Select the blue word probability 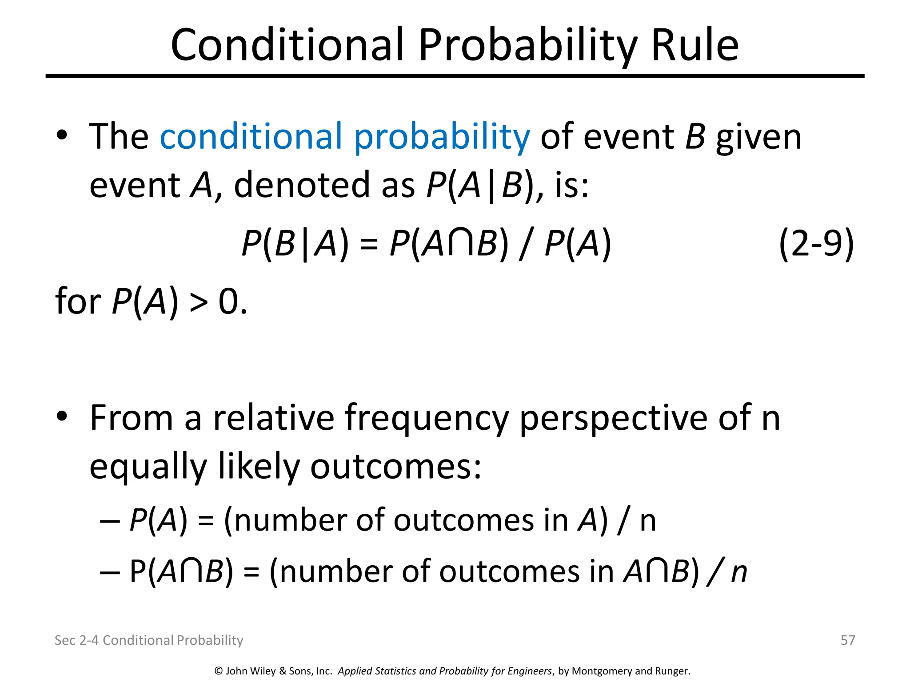pyautogui.click(x=442, y=138)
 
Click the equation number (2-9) pyautogui.click(x=816, y=243)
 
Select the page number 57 pyautogui.click(x=848, y=640)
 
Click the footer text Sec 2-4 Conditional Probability pyautogui.click(x=149, y=640)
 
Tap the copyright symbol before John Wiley pyautogui.click(x=219, y=671)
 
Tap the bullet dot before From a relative pyautogui.click(x=62, y=416)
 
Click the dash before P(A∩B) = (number pyautogui.click(x=110, y=572)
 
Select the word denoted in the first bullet pyautogui.click(x=302, y=185)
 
